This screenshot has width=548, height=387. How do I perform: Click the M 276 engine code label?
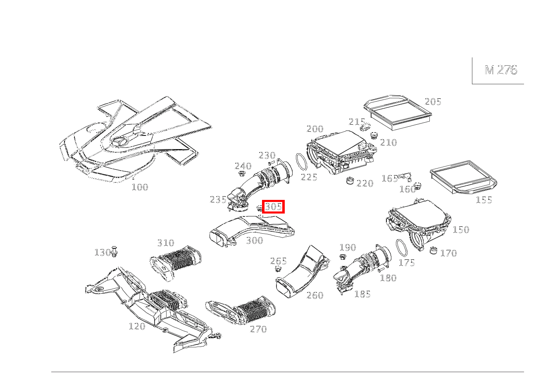click(500, 70)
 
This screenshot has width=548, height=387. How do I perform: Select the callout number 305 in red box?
click(273, 207)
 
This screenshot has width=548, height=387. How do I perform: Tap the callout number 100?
click(140, 187)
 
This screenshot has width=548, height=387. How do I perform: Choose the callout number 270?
click(258, 329)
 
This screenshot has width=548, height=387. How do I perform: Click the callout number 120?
click(137, 326)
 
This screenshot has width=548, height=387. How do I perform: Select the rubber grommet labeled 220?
click(350, 181)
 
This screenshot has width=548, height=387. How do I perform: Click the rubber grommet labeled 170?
click(433, 250)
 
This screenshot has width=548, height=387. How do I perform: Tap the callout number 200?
click(315, 129)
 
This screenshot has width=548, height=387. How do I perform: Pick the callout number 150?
click(461, 230)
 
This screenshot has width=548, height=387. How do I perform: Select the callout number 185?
click(362, 294)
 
